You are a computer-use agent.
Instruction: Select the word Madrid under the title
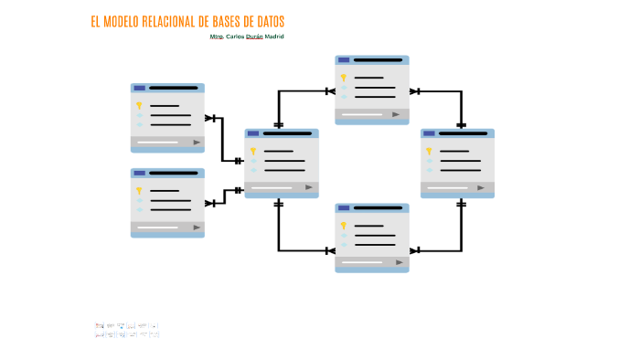(274, 37)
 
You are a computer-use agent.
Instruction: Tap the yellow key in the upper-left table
(139, 106)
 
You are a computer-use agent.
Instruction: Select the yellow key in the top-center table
(344, 78)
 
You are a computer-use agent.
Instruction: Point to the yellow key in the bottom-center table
(344, 226)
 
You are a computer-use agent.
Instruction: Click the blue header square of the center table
(253, 133)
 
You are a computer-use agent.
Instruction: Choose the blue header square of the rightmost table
(429, 133)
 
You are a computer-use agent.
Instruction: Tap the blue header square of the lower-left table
(140, 173)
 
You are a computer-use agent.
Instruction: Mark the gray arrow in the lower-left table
(197, 228)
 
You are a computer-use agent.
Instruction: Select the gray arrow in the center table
(309, 187)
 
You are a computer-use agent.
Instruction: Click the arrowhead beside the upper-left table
(210, 118)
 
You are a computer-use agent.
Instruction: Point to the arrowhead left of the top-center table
(329, 91)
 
